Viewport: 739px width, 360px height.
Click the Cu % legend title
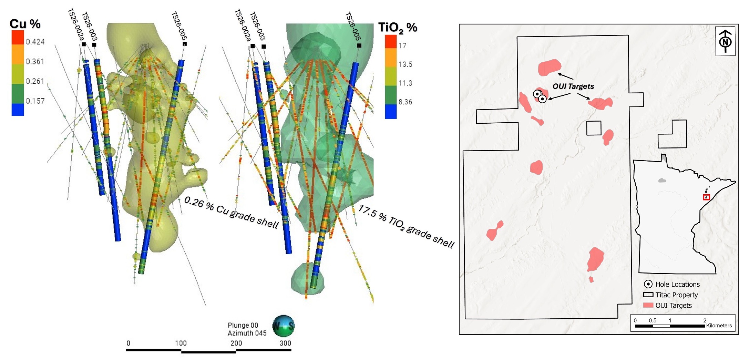point(25,24)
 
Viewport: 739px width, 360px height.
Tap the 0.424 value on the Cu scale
point(35,42)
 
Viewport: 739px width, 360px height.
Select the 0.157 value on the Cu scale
point(35,101)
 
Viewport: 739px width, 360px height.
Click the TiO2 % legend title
point(398,28)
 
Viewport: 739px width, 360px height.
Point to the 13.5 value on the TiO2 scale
point(405,64)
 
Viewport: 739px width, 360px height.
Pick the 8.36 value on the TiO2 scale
point(405,102)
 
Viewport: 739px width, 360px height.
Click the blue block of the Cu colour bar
point(18,110)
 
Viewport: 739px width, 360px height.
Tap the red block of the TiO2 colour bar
point(391,42)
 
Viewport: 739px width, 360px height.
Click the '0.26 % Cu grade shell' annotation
point(231,213)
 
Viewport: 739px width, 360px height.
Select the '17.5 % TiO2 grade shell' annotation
point(406,226)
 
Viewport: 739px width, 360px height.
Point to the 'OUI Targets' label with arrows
point(573,86)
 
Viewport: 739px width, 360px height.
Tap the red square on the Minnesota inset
point(706,197)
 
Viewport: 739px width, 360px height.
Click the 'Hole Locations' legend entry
point(672,284)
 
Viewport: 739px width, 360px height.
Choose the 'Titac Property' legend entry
point(670,295)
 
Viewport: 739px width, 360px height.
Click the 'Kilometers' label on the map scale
point(719,326)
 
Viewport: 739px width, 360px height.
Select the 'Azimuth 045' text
point(247,333)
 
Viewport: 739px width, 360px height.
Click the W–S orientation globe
point(283,326)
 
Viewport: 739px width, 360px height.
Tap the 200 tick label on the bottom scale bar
point(236,343)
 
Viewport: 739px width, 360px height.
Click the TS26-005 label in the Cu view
point(179,26)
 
